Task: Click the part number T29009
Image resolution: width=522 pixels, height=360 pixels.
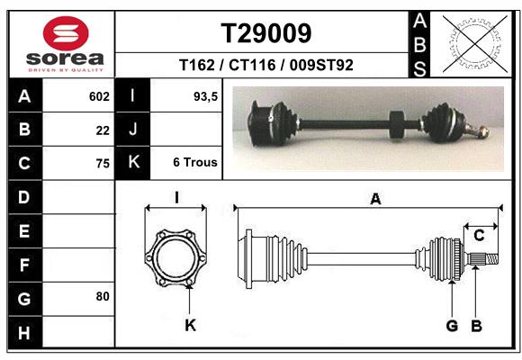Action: [x=266, y=33]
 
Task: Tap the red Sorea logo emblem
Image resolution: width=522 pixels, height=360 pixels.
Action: [x=66, y=33]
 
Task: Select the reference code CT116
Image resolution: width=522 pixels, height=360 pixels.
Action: [x=252, y=65]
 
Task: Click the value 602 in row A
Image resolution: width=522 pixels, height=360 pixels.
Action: [x=99, y=96]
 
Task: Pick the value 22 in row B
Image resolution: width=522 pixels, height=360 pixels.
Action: [x=103, y=130]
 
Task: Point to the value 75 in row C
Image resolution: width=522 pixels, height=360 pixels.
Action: [x=103, y=164]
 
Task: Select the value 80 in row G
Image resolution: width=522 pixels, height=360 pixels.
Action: [x=103, y=296]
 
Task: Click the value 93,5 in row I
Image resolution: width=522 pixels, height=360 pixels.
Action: [x=205, y=96]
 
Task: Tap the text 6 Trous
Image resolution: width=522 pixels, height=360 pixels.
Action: [x=195, y=162]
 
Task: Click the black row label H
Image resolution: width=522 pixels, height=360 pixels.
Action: [x=25, y=332]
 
